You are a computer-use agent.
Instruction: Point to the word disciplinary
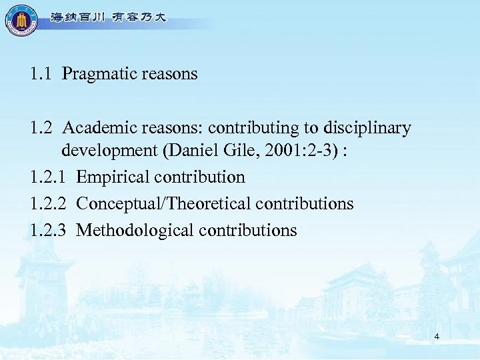coord(371,127)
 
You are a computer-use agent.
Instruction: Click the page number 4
coord(436,337)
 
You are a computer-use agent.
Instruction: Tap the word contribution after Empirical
coord(199,177)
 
